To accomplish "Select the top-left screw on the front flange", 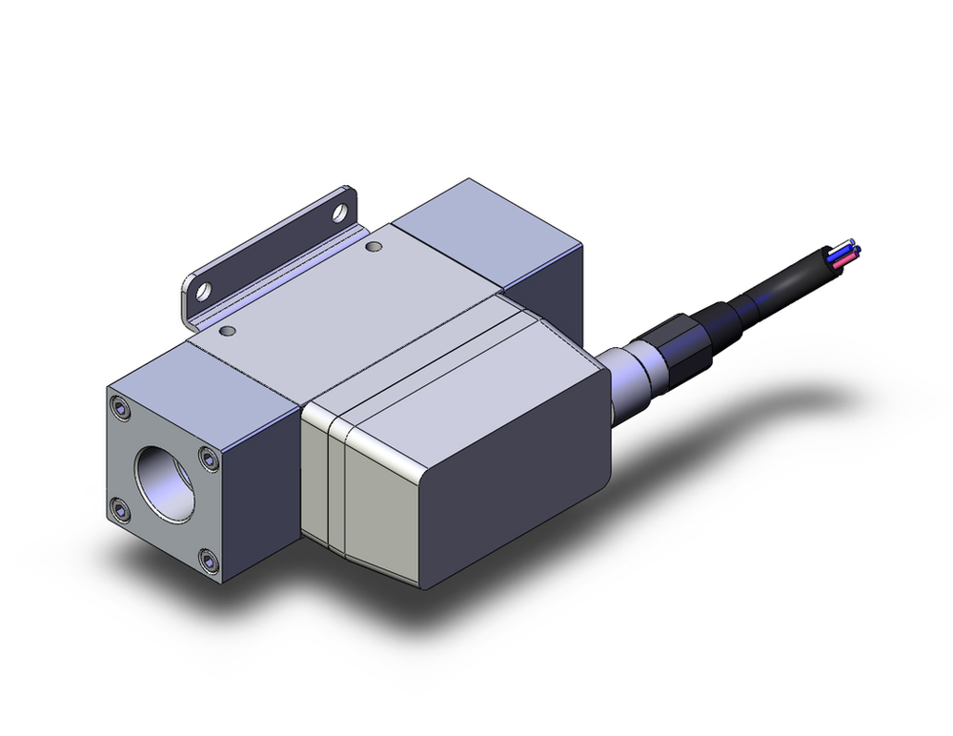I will [x=120, y=410].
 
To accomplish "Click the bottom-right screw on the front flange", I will [x=209, y=560].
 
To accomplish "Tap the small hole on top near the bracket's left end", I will [x=227, y=331].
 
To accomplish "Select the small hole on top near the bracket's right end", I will [x=373, y=248].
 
